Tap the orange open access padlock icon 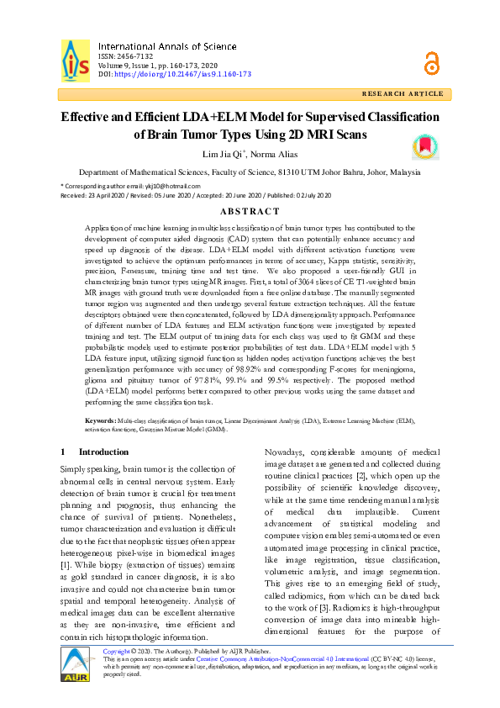(x=432, y=61)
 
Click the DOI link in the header (x=182, y=74)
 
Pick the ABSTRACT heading (x=249, y=211)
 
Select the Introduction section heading (x=91, y=452)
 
